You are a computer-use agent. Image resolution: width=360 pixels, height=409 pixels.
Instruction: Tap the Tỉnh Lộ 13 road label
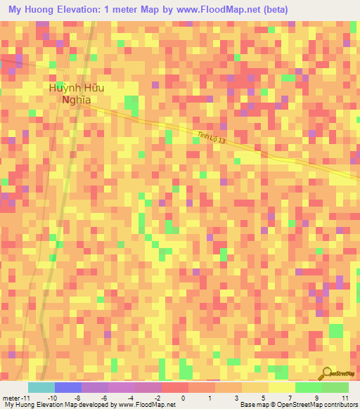[x=212, y=141]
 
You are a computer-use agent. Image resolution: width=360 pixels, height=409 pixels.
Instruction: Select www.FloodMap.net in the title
[x=215, y=10]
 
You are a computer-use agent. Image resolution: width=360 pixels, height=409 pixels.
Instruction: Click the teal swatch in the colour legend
[x=41, y=387]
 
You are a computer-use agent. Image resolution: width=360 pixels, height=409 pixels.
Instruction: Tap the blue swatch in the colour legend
[x=67, y=387]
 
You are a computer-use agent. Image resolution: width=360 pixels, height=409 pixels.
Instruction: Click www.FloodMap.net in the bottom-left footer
[x=147, y=405]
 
